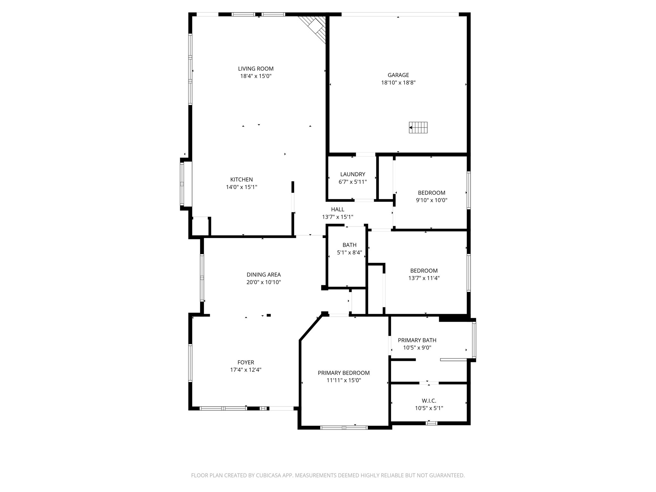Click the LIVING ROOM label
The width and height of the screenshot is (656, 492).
click(x=256, y=69)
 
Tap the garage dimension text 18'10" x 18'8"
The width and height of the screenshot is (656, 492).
click(x=398, y=83)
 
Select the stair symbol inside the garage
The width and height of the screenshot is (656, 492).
click(x=418, y=127)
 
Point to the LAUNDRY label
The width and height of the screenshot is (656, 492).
click(x=352, y=174)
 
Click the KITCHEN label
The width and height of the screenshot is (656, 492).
click(x=242, y=180)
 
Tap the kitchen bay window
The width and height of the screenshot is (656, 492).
click(x=182, y=184)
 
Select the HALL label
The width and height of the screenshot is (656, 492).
click(x=338, y=209)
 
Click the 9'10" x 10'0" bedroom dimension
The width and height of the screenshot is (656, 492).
click(x=431, y=200)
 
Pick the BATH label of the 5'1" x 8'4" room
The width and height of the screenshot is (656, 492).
click(x=349, y=245)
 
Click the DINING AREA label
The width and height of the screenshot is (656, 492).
click(x=264, y=275)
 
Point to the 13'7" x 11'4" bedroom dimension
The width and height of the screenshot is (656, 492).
click(x=424, y=278)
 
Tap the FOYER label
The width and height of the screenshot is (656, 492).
click(x=246, y=362)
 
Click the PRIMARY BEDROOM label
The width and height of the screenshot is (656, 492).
click(x=344, y=373)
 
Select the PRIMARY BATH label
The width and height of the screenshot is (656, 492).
click(x=417, y=340)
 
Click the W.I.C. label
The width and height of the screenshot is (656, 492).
click(x=429, y=401)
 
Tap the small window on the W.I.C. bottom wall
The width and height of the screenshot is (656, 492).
click(x=431, y=423)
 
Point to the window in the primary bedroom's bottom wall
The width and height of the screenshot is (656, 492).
click(x=344, y=427)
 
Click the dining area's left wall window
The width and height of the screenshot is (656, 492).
click(x=202, y=278)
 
